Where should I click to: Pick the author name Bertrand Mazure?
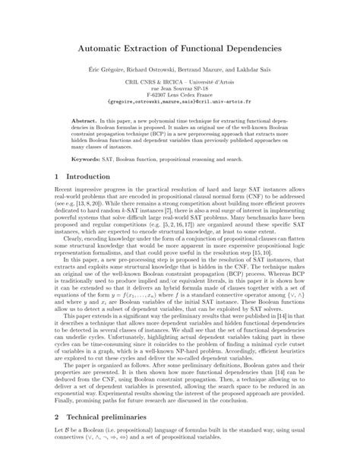pos(217,69)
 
